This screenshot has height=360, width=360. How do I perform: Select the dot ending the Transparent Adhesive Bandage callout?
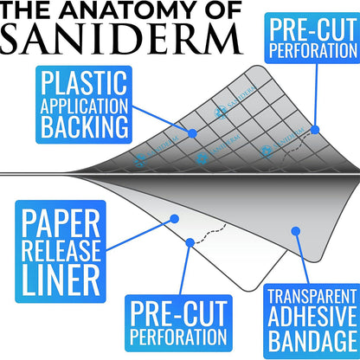click(295, 231)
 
